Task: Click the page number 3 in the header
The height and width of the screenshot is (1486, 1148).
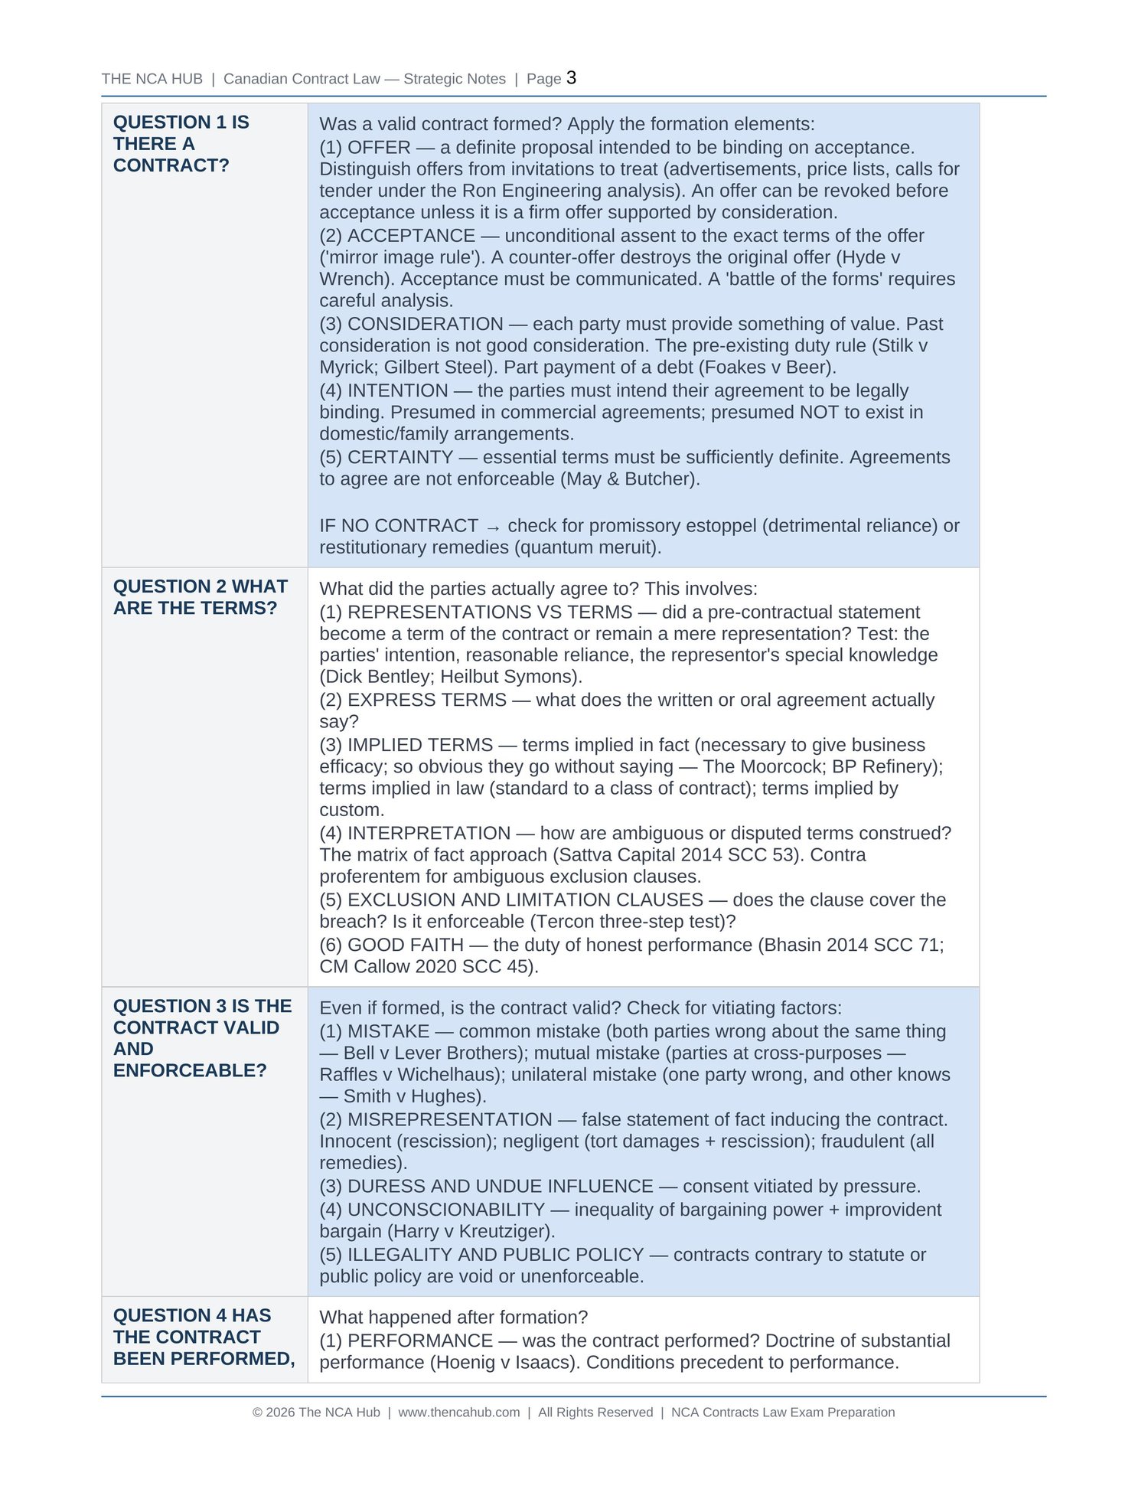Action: (571, 78)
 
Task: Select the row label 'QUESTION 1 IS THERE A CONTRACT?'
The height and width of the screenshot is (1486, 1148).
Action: (181, 144)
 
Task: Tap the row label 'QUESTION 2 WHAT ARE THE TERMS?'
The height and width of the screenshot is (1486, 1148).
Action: (200, 597)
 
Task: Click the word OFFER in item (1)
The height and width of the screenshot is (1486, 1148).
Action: (379, 148)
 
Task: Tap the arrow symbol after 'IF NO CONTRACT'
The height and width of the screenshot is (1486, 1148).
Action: (493, 527)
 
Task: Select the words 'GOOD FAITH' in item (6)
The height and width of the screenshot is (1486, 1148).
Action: (406, 945)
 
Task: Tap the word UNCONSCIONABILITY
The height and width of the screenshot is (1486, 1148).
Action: (445, 1210)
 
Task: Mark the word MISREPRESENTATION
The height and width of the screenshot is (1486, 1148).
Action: (449, 1120)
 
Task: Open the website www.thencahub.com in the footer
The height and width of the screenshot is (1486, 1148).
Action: (458, 1413)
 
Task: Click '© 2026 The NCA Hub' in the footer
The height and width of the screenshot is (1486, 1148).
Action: (316, 1413)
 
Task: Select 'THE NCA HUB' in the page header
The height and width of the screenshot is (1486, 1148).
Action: (152, 80)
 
